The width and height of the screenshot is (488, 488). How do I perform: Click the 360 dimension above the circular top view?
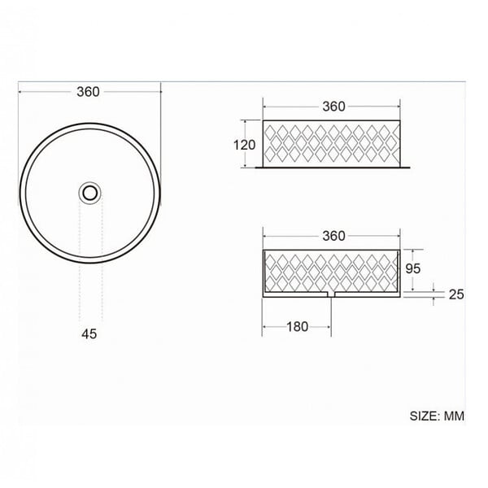(88, 92)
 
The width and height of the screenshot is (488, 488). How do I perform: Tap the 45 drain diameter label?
(89, 334)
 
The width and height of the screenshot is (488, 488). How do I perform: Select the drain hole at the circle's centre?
(90, 193)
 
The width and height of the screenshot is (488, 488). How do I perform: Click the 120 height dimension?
(245, 145)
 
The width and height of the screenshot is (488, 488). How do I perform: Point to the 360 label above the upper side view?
(333, 107)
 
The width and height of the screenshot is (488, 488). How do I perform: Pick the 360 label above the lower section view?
(333, 236)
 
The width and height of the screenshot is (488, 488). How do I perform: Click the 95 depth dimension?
(413, 268)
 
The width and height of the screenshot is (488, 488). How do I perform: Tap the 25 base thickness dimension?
(456, 294)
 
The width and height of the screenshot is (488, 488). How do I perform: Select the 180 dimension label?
(297, 327)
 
